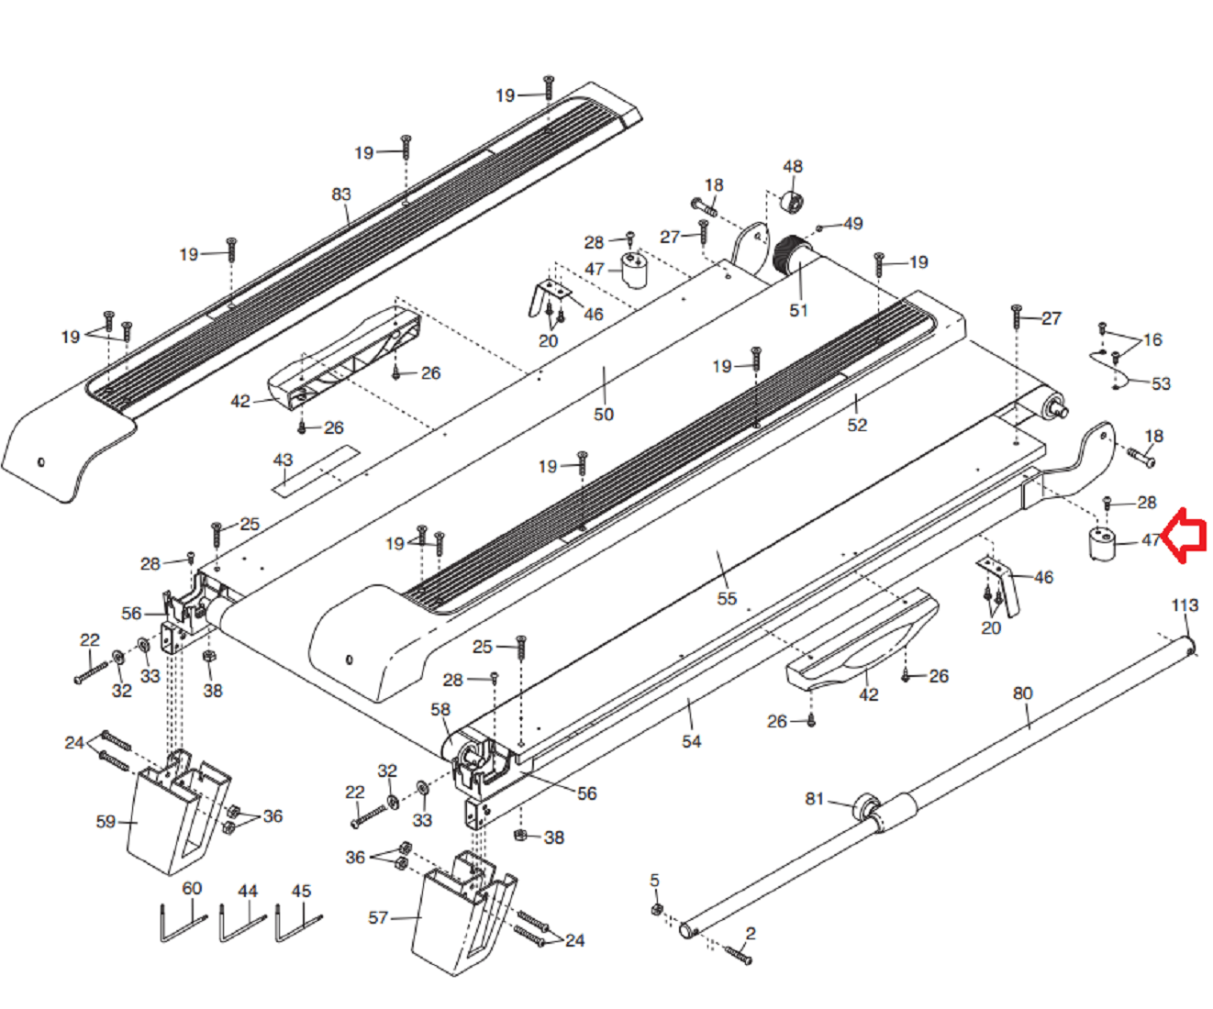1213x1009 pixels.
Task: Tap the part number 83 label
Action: [x=341, y=194]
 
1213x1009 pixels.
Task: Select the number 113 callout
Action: [x=1185, y=605]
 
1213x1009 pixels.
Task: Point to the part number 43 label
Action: [x=283, y=460]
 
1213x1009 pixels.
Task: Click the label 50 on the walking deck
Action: [x=604, y=415]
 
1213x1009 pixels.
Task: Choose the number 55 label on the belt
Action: [x=727, y=598]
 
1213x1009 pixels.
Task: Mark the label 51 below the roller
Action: [x=799, y=310]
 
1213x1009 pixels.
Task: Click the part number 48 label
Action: [x=793, y=167]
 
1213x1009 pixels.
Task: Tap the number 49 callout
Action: [x=852, y=224]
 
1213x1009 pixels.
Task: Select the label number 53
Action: [x=1161, y=383]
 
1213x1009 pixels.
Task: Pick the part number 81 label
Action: [x=815, y=799]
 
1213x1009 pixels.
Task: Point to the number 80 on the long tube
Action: [x=1022, y=693]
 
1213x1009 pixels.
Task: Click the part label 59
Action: [x=106, y=821]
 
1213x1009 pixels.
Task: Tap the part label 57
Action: [x=378, y=917]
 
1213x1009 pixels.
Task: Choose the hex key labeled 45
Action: [x=298, y=924]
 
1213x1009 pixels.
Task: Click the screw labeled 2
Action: [x=739, y=955]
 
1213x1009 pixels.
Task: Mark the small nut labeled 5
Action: [x=656, y=909]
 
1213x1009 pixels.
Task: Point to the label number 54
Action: [x=691, y=741]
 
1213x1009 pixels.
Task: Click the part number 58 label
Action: [x=440, y=709]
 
